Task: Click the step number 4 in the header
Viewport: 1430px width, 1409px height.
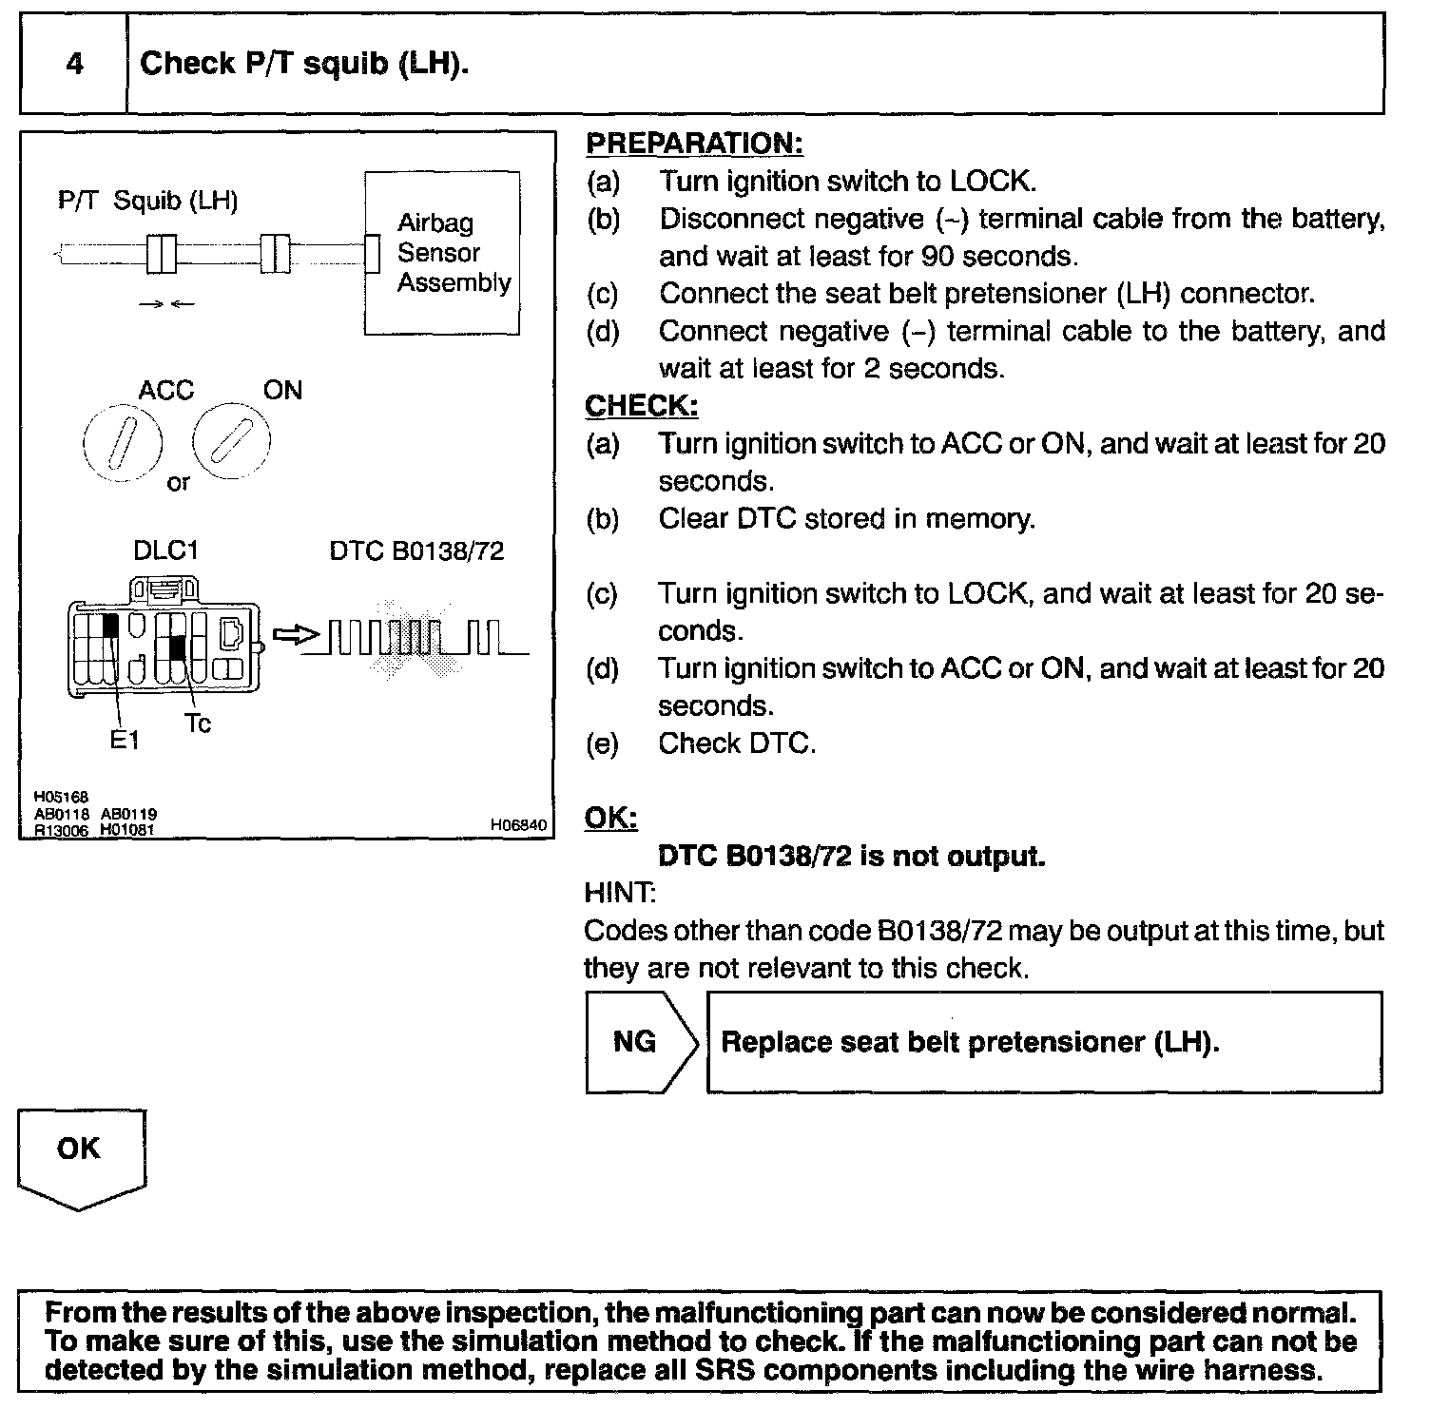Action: point(74,64)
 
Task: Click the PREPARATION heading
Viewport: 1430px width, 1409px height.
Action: point(694,144)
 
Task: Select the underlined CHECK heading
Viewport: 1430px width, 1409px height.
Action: point(641,406)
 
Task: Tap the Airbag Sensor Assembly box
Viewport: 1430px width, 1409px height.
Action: point(442,253)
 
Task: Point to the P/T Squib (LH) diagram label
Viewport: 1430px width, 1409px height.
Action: point(147,201)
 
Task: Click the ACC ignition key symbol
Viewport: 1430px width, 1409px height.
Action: point(123,443)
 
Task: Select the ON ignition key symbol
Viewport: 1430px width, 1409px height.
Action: point(231,440)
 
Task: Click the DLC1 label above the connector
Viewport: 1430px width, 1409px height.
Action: point(165,550)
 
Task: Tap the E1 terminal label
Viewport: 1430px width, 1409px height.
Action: point(125,740)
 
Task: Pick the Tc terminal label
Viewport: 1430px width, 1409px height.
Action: point(198,724)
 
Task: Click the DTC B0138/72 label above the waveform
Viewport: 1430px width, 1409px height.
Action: point(416,551)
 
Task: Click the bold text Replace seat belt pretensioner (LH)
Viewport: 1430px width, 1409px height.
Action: point(970,1042)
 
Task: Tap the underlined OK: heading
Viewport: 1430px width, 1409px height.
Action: point(610,819)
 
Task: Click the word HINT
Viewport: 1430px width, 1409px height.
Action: point(618,893)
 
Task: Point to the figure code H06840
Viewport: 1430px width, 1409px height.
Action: point(519,826)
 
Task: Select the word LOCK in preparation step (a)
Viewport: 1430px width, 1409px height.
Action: point(989,182)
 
